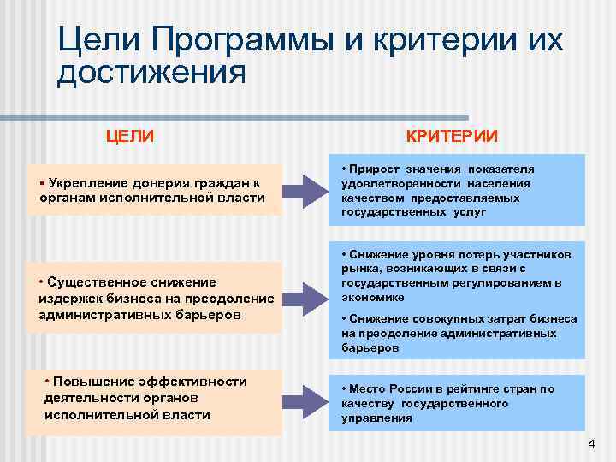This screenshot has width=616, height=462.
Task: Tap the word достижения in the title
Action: pyautogui.click(x=151, y=74)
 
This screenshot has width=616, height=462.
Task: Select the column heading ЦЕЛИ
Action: pyautogui.click(x=130, y=135)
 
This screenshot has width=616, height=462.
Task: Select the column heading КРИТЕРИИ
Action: pyautogui.click(x=451, y=136)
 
